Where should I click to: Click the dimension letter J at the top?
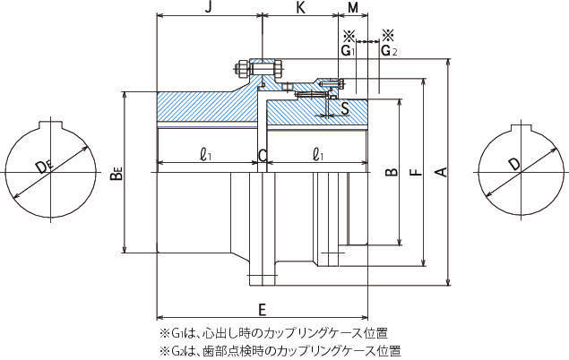tap(208, 7)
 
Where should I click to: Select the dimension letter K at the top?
tap(301, 7)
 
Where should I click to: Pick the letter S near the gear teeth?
tap(345, 108)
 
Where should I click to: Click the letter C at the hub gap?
tap(263, 156)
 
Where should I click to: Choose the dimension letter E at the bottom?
tap(261, 311)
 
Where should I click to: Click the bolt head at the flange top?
tap(244, 67)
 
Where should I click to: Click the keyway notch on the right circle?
tap(522, 123)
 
